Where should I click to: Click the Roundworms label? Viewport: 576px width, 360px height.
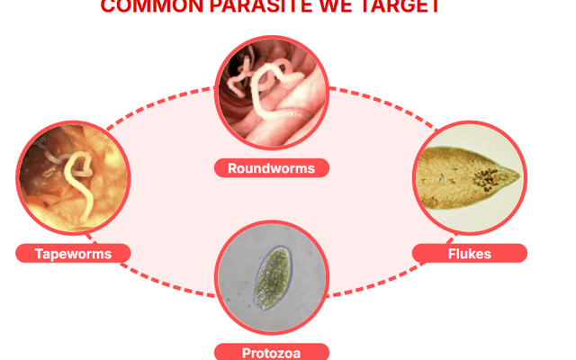click(x=272, y=167)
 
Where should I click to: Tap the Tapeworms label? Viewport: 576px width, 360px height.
click(x=73, y=253)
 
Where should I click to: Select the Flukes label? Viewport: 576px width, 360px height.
click(x=469, y=253)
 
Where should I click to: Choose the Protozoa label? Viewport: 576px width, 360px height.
click(x=272, y=351)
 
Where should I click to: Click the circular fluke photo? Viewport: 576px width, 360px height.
click(x=469, y=177)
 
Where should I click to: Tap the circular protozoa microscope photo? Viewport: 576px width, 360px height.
click(x=272, y=279)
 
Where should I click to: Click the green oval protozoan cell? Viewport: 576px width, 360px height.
click(x=270, y=279)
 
